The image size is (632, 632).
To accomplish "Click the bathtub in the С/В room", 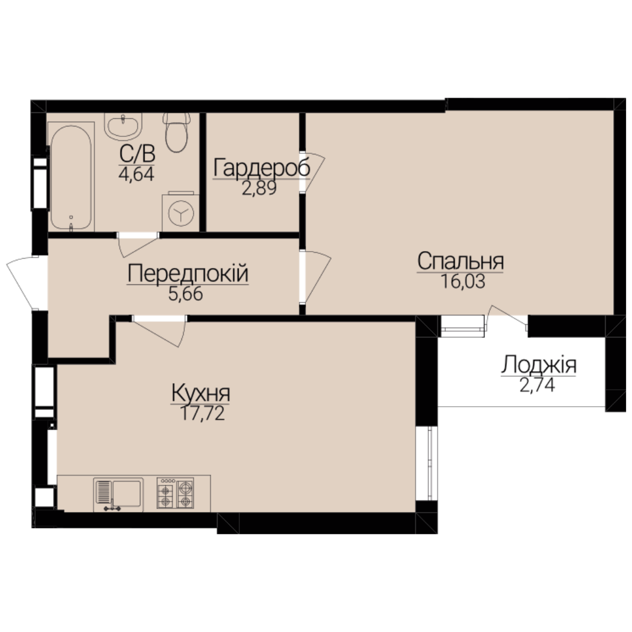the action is coord(71,177).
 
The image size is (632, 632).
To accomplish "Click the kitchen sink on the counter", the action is coord(118,494).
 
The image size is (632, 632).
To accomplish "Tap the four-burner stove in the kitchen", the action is coord(176,493).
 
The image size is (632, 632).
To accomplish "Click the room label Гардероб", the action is coord(262,168).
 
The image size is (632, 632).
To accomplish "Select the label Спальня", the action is coord(461,261).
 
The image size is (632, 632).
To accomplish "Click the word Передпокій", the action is coord(188,274).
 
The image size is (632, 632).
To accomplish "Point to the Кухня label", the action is coord(201,393).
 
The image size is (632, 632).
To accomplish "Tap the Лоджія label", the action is coord(538,366).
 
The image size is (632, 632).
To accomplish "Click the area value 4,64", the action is coord(136,174).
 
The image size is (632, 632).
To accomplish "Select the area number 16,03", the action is coord(463,281).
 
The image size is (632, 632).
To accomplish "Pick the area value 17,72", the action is coord(202,413).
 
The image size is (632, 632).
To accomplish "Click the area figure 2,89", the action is coord(259,188).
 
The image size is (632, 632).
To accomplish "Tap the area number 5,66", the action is coord(186,294).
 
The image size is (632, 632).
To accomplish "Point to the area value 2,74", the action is coord(537,385).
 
